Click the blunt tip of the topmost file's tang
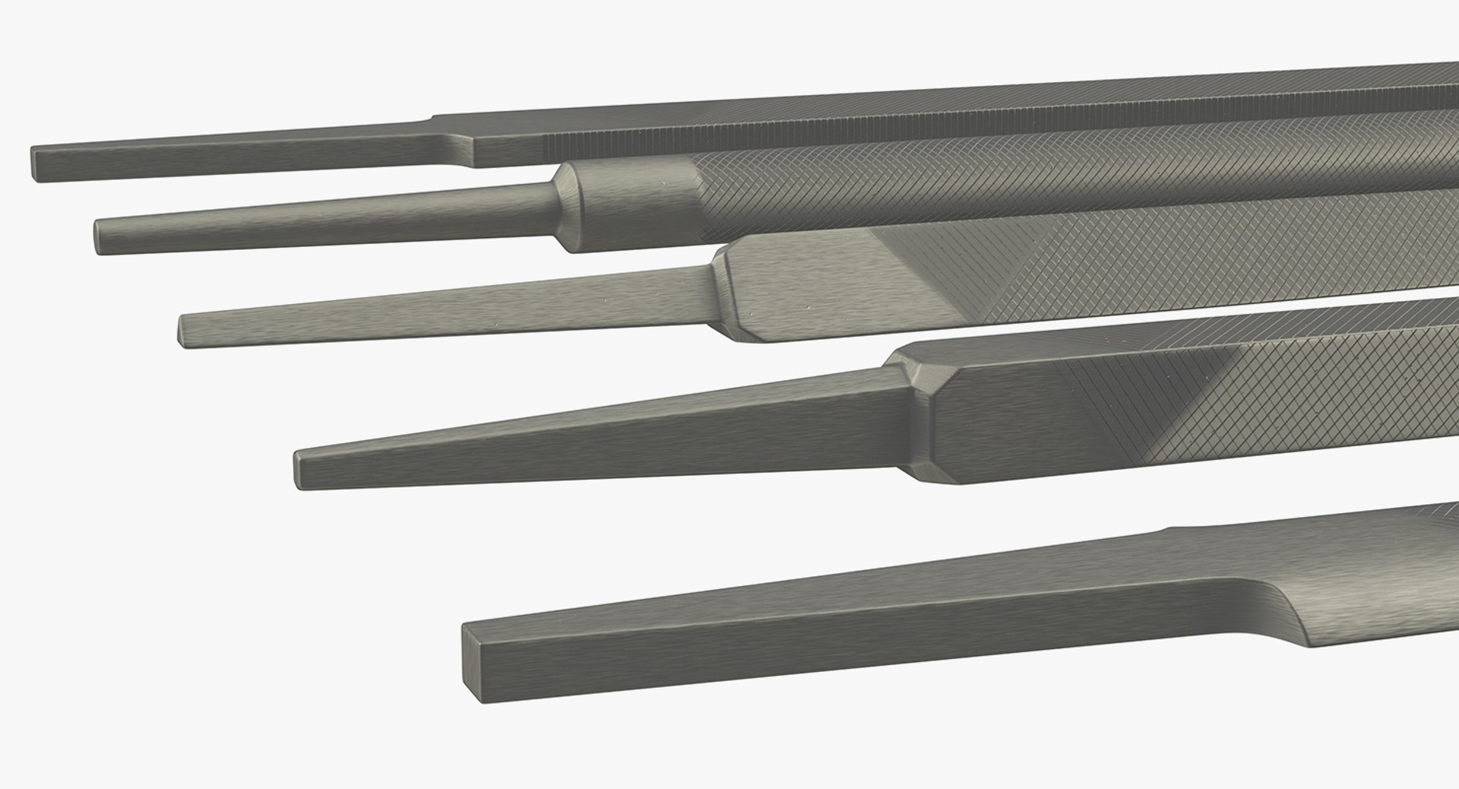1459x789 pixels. [36, 164]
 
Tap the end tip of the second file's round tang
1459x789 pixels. [99, 236]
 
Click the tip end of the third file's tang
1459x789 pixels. [182, 331]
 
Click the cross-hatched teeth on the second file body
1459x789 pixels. [988, 182]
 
